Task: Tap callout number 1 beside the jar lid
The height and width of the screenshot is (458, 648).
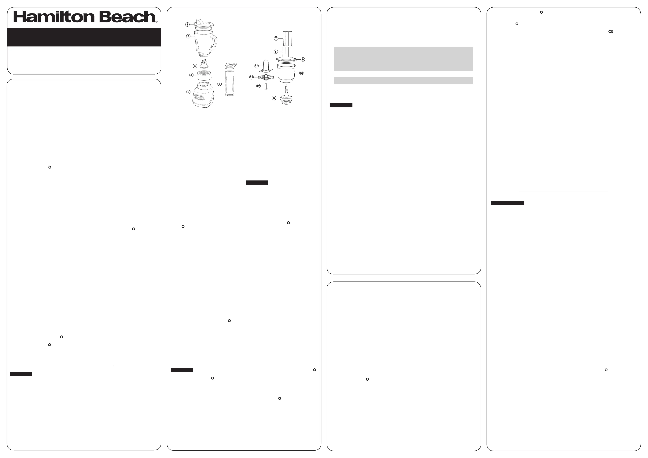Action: [x=187, y=25]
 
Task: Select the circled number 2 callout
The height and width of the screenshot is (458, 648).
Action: [x=188, y=36]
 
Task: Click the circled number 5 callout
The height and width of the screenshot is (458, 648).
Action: [x=188, y=92]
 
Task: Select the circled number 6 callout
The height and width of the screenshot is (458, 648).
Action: [x=219, y=84]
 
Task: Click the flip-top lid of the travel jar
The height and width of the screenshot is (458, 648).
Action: [x=231, y=66]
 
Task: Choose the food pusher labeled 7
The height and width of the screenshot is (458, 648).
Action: [x=287, y=38]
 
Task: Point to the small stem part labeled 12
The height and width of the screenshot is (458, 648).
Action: [x=266, y=86]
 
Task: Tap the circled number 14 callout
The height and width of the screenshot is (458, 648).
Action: [x=274, y=98]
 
